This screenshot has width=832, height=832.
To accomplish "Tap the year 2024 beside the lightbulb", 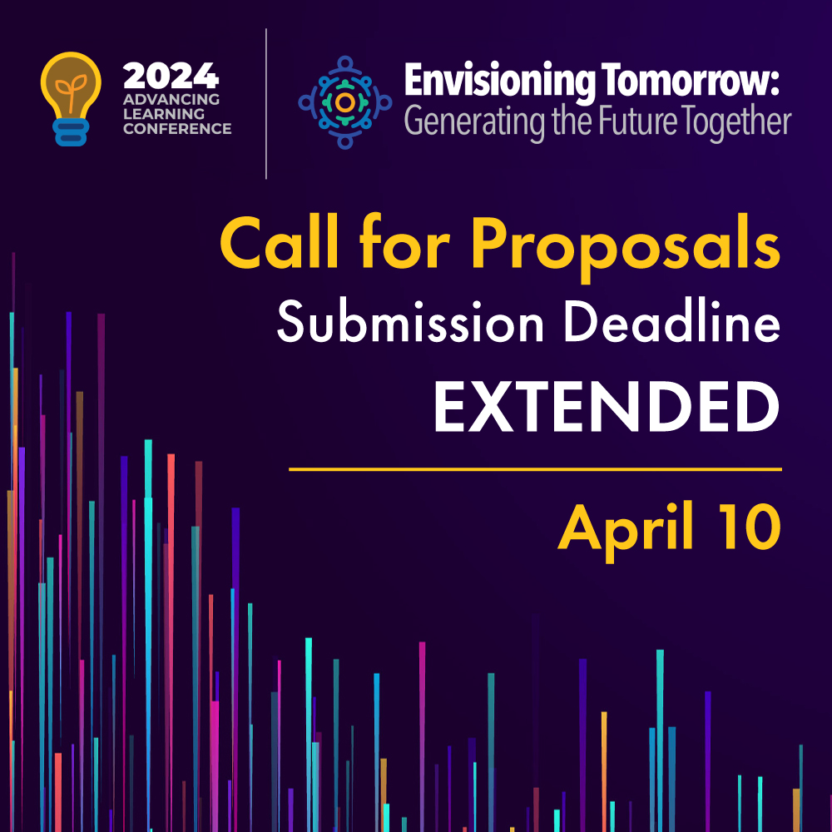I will [x=171, y=77].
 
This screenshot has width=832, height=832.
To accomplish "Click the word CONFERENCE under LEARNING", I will [x=177, y=128].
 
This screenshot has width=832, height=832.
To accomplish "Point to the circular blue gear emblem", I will [x=345, y=102].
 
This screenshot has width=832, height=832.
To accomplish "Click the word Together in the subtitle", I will [x=736, y=122].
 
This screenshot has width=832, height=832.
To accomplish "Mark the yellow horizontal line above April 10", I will [x=535, y=469].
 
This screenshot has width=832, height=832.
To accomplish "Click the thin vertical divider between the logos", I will [x=266, y=103].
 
